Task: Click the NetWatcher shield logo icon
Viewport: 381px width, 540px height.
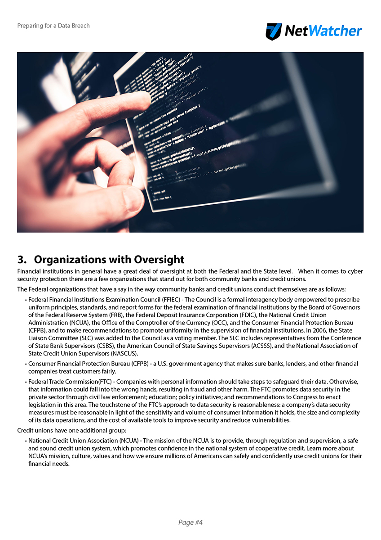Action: (274, 31)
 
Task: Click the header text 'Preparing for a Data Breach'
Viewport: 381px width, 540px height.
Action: (53, 26)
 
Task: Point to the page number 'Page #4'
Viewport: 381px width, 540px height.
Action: (190, 522)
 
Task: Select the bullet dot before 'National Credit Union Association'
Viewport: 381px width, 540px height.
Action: (26, 441)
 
